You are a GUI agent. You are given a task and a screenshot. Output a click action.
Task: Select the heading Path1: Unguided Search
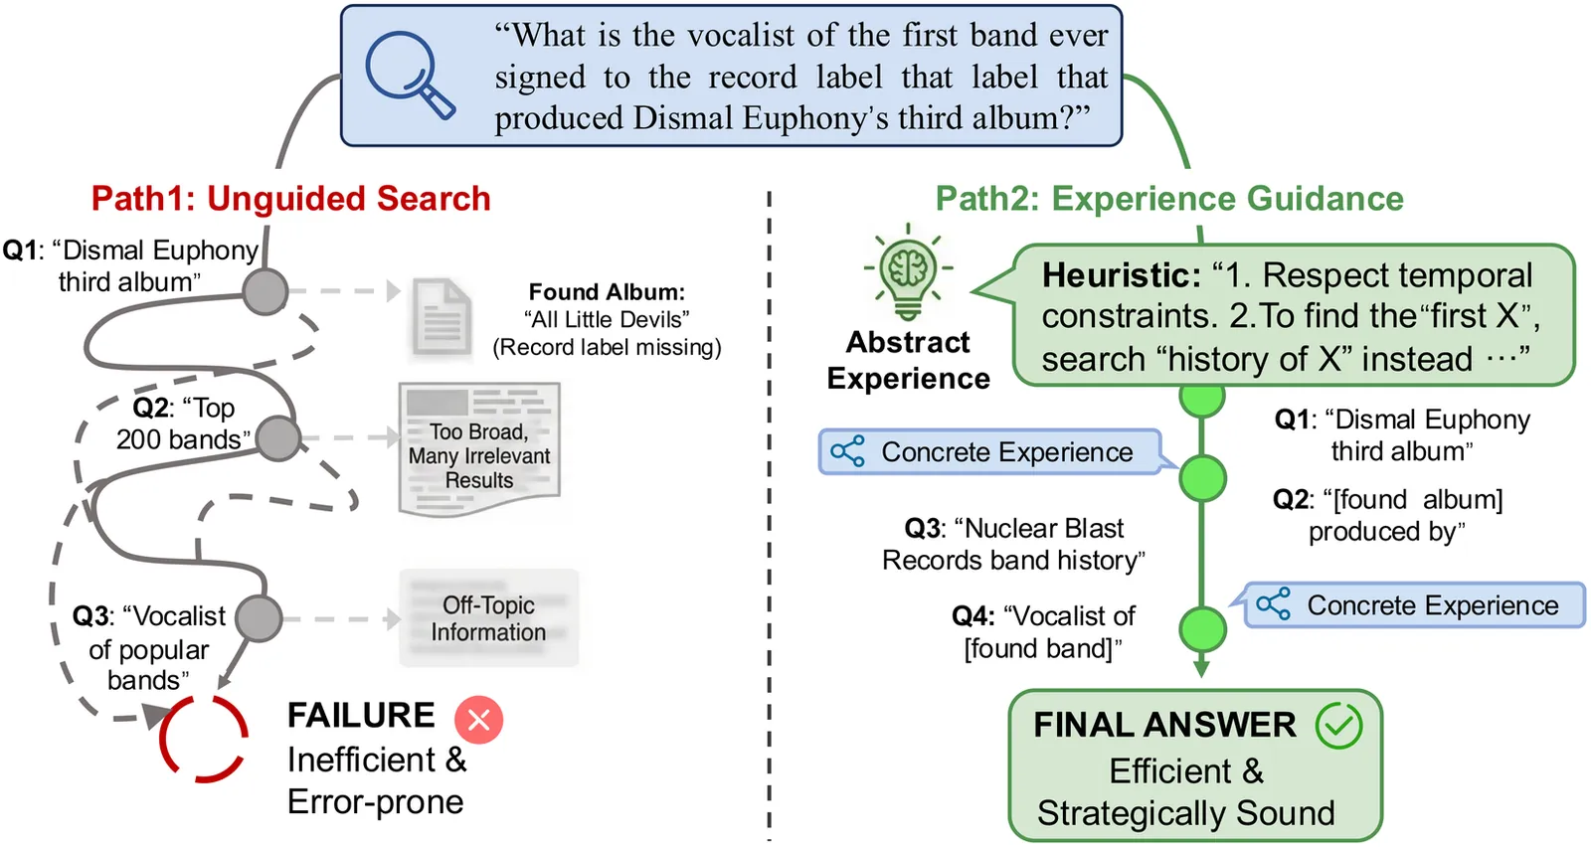[290, 199]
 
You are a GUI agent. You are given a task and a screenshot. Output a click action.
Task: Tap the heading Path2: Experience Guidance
[1169, 199]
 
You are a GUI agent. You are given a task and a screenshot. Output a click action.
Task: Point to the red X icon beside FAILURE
[478, 719]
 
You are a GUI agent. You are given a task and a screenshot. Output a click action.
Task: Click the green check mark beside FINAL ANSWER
[1338, 726]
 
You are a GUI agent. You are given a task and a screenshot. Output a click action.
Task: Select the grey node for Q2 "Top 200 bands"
[278, 438]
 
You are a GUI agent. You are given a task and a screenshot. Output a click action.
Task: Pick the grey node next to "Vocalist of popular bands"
[260, 618]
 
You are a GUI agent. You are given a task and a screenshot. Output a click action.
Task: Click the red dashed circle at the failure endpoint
[204, 738]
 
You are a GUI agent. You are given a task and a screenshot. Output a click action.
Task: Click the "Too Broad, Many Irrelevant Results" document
[479, 449]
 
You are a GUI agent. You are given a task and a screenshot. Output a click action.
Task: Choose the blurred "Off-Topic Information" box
[488, 618]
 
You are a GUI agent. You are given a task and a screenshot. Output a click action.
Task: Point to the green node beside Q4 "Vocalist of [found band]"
[1202, 629]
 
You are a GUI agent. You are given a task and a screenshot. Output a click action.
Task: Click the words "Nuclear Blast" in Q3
[1044, 528]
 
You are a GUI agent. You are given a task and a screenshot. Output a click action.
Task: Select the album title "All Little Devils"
[607, 319]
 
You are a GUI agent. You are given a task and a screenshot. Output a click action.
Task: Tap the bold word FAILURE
[361, 715]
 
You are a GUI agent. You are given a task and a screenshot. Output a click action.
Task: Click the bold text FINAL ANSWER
[1164, 725]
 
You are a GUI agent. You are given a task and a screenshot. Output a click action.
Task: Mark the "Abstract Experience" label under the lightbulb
[908, 360]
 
